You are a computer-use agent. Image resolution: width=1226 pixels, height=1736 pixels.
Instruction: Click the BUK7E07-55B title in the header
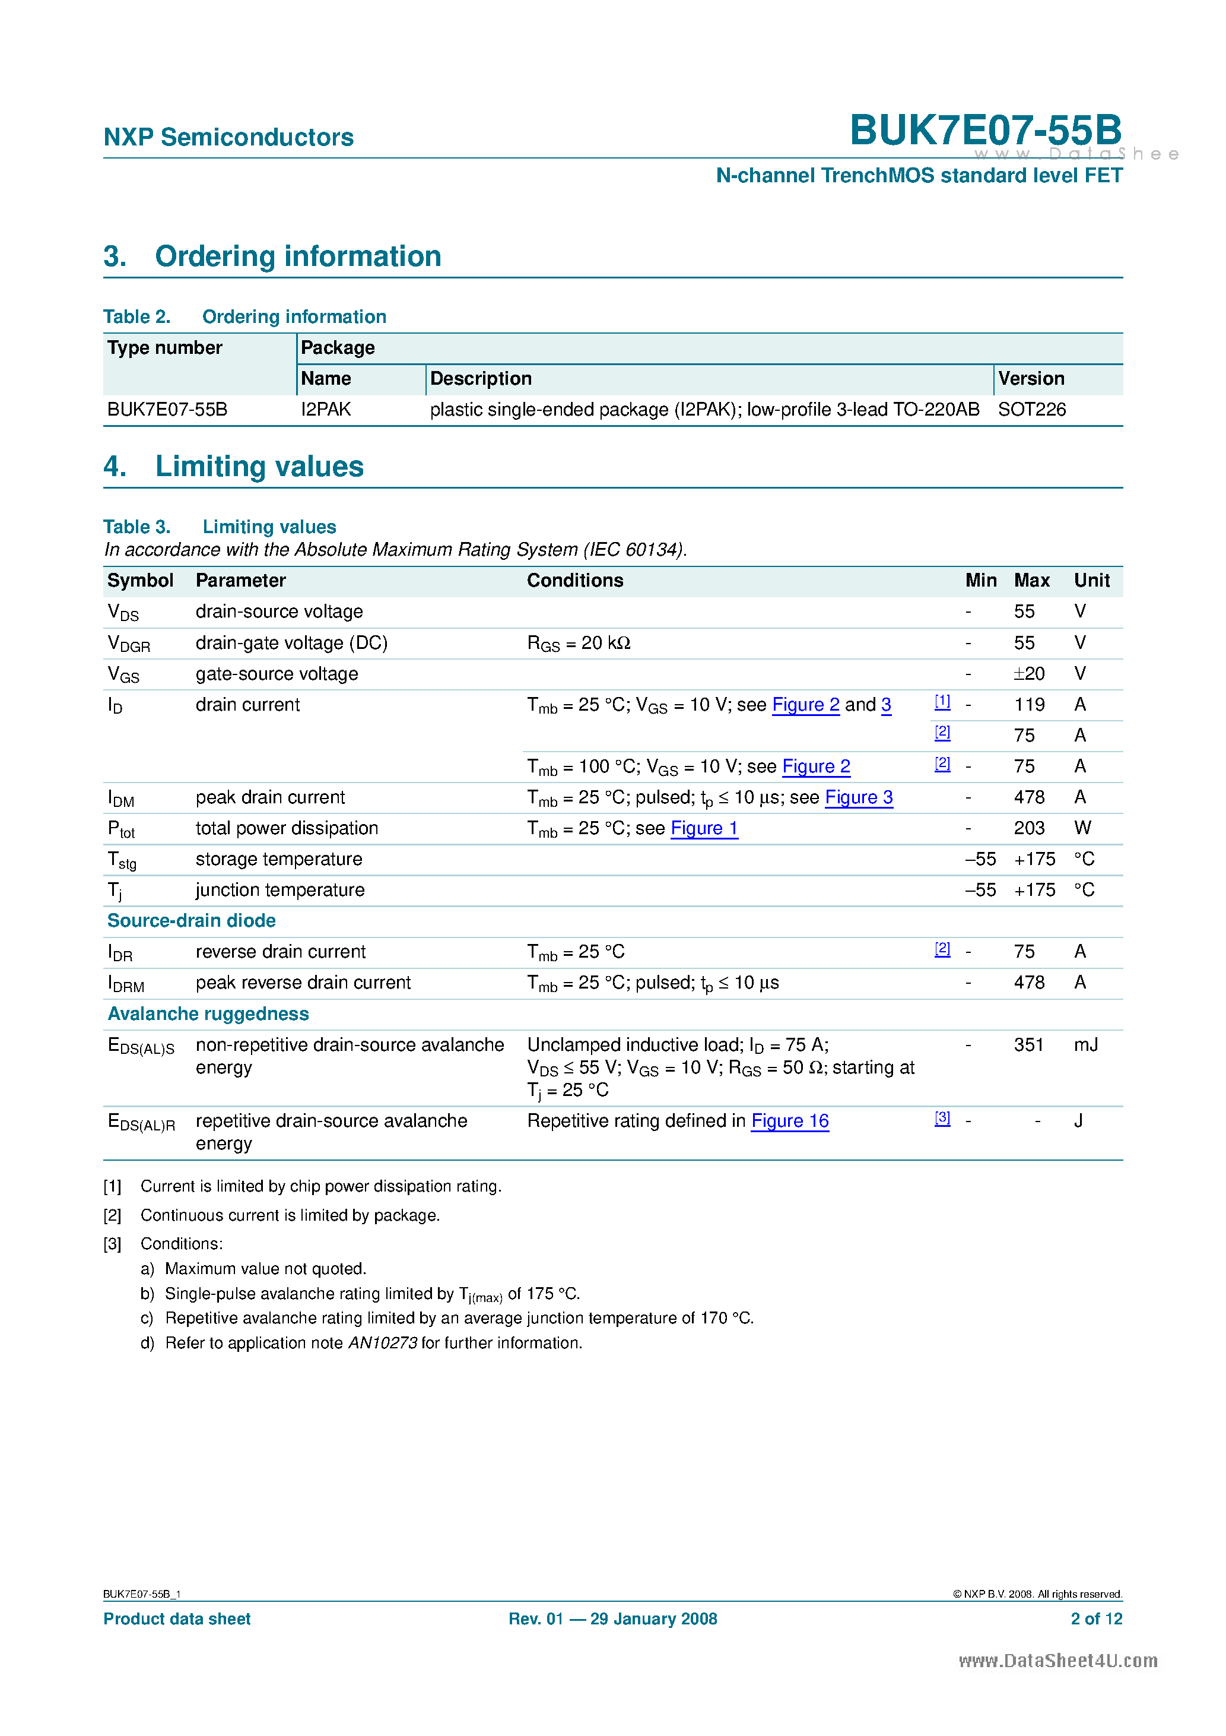[985, 130]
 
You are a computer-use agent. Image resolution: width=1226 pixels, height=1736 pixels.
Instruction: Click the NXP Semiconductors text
[228, 137]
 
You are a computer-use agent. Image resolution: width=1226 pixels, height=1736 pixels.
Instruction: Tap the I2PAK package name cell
[326, 410]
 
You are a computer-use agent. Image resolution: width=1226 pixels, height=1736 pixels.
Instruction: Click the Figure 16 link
[789, 1122]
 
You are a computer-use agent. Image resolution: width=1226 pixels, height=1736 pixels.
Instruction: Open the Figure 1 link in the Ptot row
[704, 829]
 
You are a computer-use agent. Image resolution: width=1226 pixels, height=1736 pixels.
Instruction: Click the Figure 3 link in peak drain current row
[858, 798]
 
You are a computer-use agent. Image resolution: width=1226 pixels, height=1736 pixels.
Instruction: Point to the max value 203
[1029, 829]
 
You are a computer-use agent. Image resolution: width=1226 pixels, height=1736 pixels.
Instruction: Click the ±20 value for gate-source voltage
[1029, 674]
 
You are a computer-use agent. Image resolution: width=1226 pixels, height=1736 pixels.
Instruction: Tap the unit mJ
[1085, 1045]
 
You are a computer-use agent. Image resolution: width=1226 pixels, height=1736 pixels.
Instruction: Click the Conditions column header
[574, 581]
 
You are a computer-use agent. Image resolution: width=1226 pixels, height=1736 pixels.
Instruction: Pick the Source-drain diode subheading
[191, 921]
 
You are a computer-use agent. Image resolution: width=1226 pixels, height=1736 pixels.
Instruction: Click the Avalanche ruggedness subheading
[208, 1014]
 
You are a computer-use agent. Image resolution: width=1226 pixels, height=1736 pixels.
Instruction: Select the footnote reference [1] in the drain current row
[942, 702]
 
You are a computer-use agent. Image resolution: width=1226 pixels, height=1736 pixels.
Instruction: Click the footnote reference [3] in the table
[942, 1119]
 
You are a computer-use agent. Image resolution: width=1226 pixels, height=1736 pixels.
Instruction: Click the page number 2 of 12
[1096, 1619]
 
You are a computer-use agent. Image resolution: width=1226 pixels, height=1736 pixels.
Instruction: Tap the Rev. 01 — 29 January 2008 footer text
[612, 1619]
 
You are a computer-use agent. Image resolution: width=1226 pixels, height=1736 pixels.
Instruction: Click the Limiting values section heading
[259, 467]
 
